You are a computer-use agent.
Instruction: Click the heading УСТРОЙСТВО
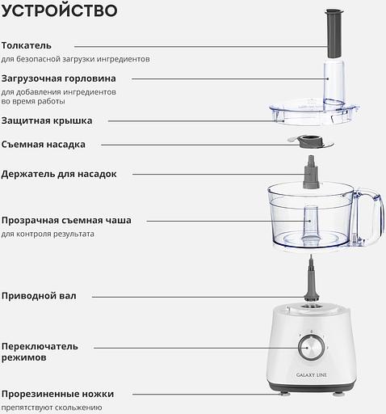59,11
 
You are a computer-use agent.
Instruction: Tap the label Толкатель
27,45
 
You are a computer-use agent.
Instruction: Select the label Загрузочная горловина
59,78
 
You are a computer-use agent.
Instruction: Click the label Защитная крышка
47,120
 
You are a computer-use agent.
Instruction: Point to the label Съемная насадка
44,145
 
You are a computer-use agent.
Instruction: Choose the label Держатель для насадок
59,174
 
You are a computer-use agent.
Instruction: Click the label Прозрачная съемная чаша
66,221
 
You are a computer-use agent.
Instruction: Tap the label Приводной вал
39,296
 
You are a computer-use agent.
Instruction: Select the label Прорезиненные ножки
57,394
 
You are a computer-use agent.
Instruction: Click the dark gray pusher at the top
334,33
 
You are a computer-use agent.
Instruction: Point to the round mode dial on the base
312,348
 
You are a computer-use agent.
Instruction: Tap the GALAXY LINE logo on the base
312,375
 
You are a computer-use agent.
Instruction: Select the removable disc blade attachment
311,142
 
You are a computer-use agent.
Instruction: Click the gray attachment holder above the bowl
311,172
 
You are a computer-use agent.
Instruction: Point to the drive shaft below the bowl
312,279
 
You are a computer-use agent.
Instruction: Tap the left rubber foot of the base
284,394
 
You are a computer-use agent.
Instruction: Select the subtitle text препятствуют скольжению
52,408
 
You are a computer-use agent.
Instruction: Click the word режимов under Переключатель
24,358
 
